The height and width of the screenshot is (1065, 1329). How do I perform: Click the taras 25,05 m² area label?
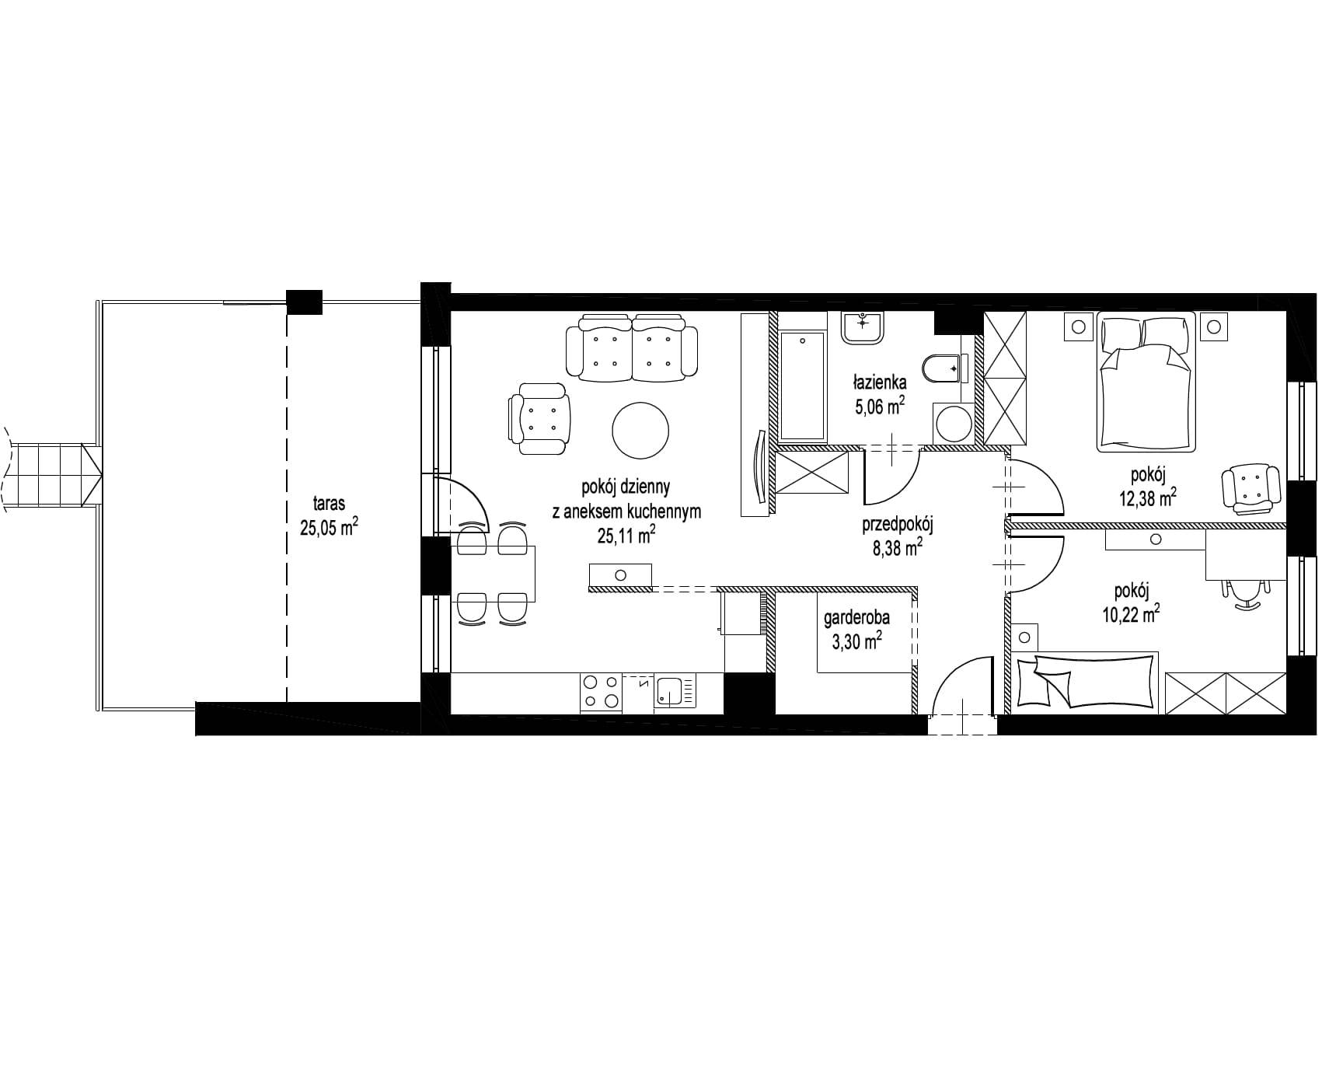click(329, 516)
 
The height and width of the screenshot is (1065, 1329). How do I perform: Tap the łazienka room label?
click(880, 382)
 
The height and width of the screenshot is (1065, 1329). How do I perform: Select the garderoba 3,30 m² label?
click(857, 629)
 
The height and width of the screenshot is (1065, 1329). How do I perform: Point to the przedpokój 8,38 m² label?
click(897, 536)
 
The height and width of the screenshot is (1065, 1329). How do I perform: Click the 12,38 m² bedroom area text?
click(1147, 499)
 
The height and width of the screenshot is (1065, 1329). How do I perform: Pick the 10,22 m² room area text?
click(1131, 615)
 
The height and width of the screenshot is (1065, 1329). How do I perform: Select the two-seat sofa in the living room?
click(632, 347)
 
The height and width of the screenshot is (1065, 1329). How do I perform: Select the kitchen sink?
click(668, 691)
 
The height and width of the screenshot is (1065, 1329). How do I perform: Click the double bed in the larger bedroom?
click(1146, 381)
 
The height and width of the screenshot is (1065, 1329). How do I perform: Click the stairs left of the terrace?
click(50, 476)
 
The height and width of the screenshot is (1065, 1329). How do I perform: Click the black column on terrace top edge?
click(304, 302)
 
